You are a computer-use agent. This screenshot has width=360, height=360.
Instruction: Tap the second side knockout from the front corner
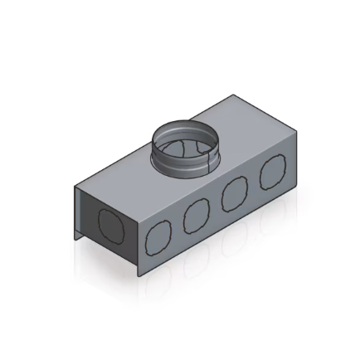pos(196,217)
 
